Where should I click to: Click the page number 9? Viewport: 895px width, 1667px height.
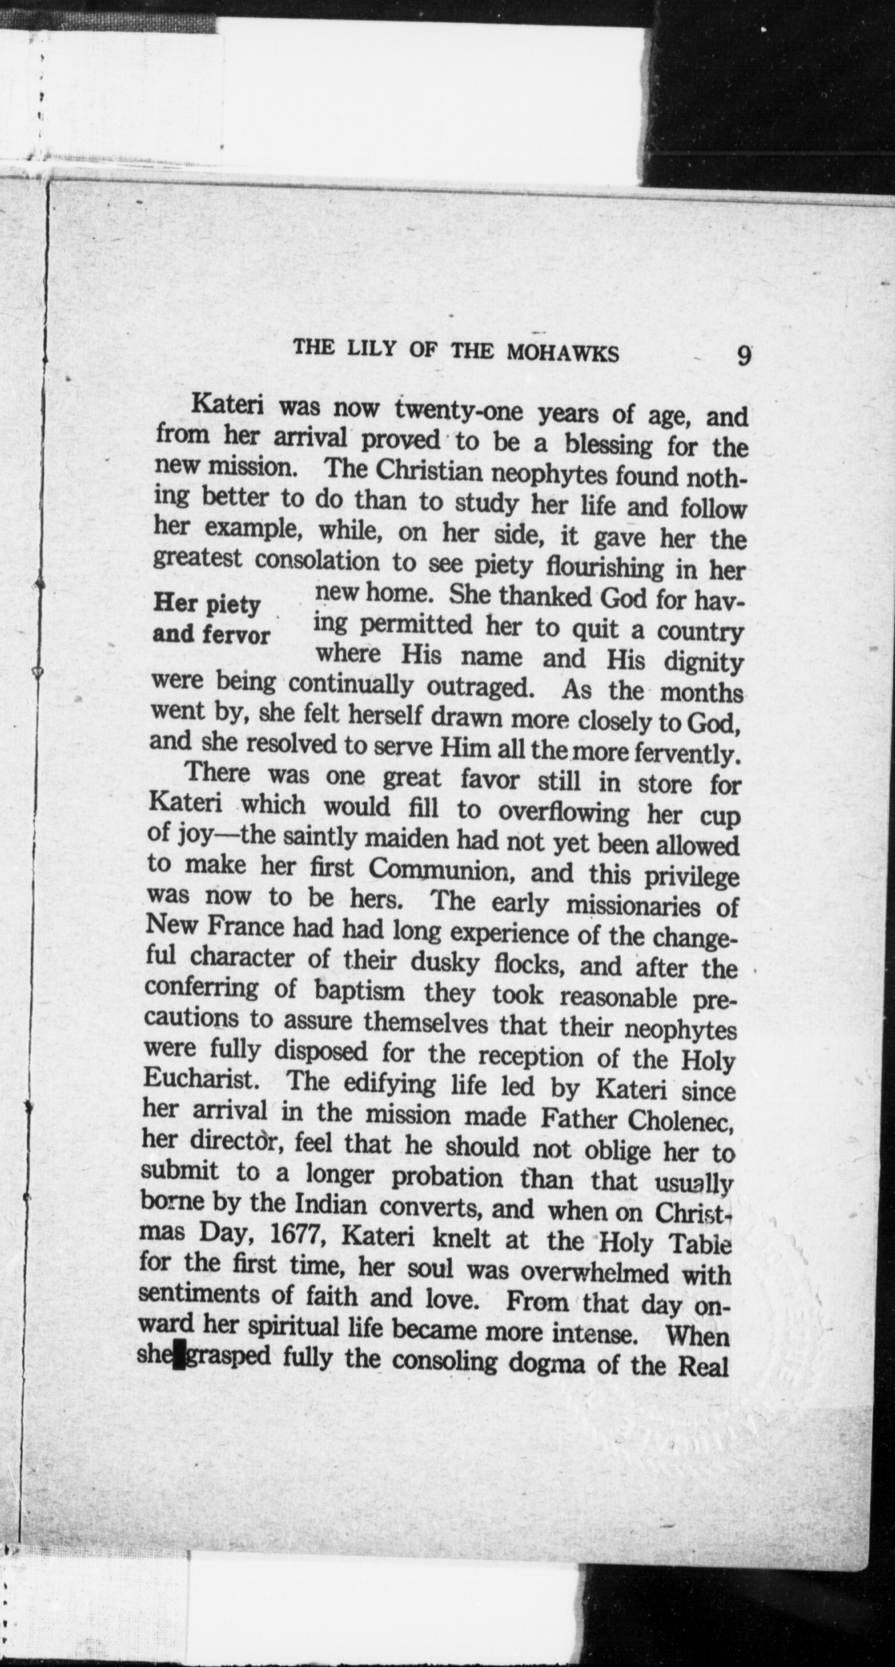[743, 356]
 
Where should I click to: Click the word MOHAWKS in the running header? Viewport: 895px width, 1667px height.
[562, 353]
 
